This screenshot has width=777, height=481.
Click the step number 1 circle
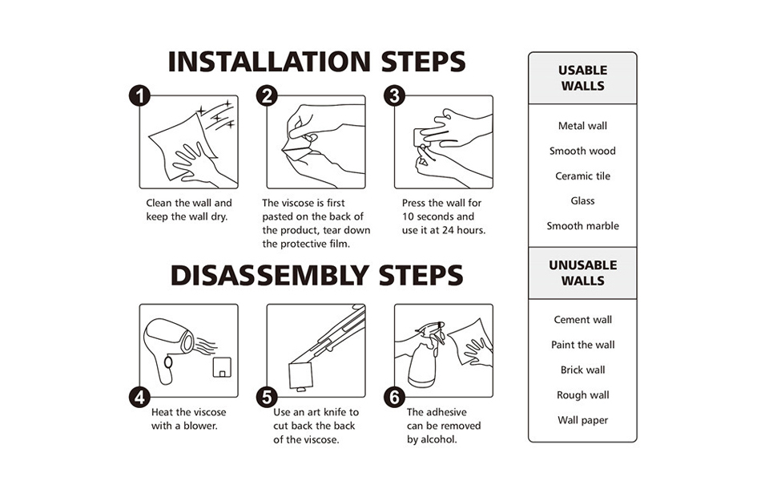coord(139,95)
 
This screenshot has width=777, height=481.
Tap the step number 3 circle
coord(394,95)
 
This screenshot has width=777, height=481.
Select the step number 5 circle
coord(267,397)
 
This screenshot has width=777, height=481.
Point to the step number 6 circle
coord(394,397)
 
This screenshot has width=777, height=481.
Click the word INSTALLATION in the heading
coord(269,62)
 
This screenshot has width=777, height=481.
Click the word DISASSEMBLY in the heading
coord(269,275)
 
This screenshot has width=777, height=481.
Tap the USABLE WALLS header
coord(583,78)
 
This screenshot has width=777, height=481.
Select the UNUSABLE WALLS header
coord(583,273)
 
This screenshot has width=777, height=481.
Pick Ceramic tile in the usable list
coord(583,176)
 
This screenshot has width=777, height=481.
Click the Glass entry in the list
coord(583,201)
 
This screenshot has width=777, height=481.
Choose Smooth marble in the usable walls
coord(583,225)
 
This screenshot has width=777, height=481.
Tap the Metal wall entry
coord(583,126)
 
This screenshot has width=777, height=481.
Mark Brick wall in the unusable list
coord(583,370)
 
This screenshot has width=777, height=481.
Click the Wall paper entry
coord(583,420)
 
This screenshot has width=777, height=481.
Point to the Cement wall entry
coord(583,320)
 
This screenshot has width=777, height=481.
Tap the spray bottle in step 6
coord(423,356)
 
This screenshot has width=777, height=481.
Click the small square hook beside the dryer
coord(222,367)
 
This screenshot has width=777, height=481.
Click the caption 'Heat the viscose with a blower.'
coord(188,419)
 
